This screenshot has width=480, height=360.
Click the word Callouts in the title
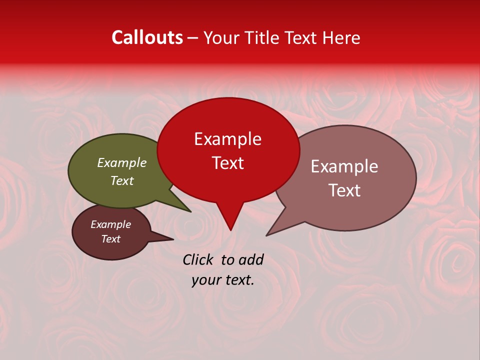147,37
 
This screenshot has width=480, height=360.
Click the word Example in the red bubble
228,139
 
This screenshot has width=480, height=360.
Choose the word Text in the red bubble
228,163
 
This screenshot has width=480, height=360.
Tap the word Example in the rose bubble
344,166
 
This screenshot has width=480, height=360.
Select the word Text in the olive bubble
122,181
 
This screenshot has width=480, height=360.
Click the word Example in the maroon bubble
111,224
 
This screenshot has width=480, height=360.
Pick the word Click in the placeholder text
198,259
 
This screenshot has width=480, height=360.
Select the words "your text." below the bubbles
223,280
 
